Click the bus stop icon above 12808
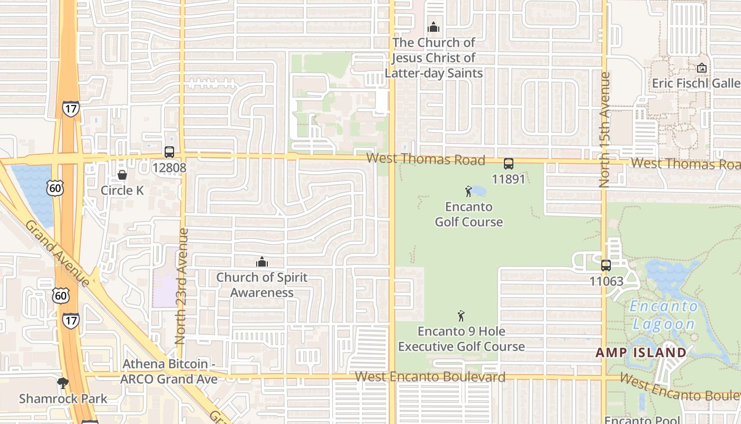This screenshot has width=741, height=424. coord(169,152)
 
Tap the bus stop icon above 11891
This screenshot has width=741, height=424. coord(509,164)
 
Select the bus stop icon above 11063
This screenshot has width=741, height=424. coord(606,265)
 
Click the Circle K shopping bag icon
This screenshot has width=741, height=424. coord(122,174)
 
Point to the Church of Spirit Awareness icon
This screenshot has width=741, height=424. coord(262,262)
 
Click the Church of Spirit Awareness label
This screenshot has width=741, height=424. coord(262,285)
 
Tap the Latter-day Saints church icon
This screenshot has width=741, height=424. coord(433,26)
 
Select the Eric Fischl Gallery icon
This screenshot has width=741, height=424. coord(702,68)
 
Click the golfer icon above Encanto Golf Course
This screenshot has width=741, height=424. coord(468,191)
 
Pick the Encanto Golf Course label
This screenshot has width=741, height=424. coord(469,214)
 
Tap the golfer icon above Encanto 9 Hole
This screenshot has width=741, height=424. coord(461,316)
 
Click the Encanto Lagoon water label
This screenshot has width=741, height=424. coord(664,315)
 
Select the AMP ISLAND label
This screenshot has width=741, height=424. coord(641,352)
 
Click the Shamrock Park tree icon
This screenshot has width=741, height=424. coord(64,383)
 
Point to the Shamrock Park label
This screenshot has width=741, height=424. coord(63,399)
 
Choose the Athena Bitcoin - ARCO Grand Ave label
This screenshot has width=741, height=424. coord(168,372)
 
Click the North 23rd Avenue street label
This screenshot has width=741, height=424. coord(181,286)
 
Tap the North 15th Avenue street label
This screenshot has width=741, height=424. coord(604,130)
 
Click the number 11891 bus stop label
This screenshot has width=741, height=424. coord(509,179)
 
